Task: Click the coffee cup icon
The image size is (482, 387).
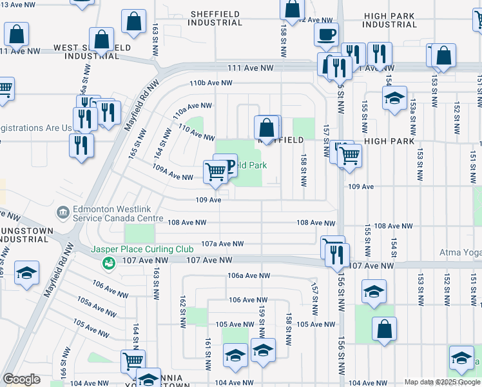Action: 326,34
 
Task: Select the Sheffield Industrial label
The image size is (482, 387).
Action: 215,18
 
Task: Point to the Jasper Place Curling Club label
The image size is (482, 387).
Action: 142,249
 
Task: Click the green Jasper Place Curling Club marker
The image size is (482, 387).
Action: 109,263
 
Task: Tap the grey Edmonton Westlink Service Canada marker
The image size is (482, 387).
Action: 63,212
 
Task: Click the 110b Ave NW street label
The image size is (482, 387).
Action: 211,83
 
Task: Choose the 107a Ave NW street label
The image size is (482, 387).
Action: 222,244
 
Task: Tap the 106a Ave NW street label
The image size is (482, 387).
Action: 247,275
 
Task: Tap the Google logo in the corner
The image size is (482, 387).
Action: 21,380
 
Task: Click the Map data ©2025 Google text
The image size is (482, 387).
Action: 441,382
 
